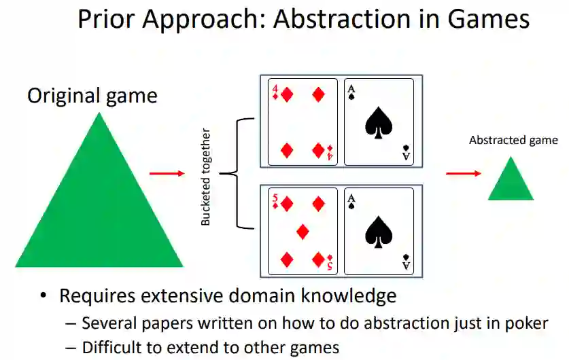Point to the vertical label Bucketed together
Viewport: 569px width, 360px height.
(207, 177)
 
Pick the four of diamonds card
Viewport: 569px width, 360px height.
(303, 122)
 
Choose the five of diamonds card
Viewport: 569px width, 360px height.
(303, 232)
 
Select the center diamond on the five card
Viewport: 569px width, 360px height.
(303, 232)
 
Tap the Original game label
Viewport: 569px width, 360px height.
(92, 96)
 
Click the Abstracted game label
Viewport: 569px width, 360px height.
(513, 141)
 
